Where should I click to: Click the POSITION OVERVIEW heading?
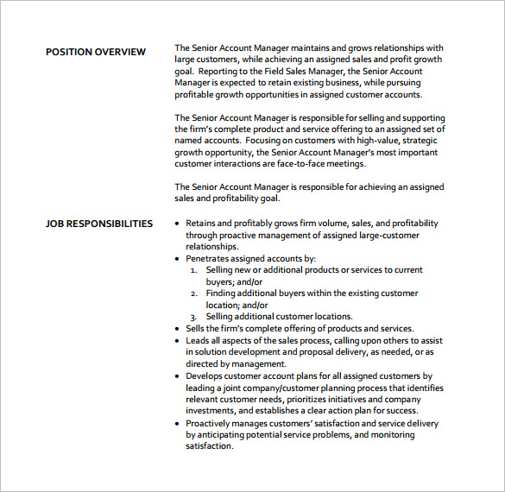click(x=96, y=52)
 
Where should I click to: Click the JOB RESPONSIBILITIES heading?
click(x=99, y=224)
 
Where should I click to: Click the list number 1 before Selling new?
click(x=194, y=270)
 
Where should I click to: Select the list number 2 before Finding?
click(x=194, y=293)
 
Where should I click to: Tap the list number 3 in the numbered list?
click(x=194, y=317)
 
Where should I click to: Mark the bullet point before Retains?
click(x=177, y=224)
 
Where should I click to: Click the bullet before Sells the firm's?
click(x=177, y=329)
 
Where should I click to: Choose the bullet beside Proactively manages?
click(x=177, y=424)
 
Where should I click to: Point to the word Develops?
click(x=208, y=376)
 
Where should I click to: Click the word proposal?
click(x=317, y=352)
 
